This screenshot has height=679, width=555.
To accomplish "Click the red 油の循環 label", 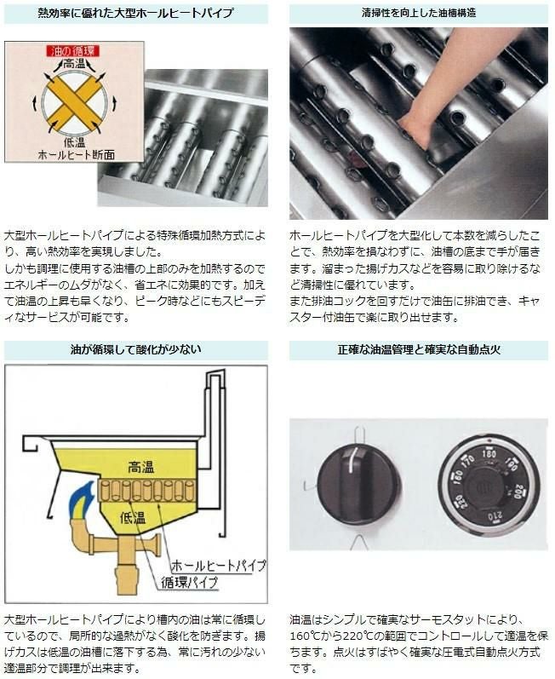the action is (x=73, y=50).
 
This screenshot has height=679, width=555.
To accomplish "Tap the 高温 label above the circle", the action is (x=73, y=64).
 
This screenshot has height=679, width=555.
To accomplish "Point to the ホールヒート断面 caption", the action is (x=77, y=154).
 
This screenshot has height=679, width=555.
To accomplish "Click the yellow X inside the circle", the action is (x=74, y=102).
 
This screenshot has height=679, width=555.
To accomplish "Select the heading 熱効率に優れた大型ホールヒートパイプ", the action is (x=136, y=13).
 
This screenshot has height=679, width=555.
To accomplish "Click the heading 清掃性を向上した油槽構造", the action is (x=419, y=13).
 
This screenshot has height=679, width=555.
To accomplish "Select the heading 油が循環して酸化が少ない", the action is (x=136, y=349).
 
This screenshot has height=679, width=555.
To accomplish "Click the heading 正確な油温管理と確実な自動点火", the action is (x=419, y=349).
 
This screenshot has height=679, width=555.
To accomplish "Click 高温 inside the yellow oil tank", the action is (x=140, y=467).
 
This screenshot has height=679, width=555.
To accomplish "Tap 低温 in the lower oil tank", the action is (x=133, y=516).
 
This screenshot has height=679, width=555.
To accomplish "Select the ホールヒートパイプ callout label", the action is (x=219, y=565).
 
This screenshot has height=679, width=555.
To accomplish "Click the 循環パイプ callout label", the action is (x=189, y=582).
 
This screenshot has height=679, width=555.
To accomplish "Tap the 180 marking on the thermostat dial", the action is (x=489, y=454).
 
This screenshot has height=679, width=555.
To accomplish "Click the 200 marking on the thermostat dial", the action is (x=518, y=491).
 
